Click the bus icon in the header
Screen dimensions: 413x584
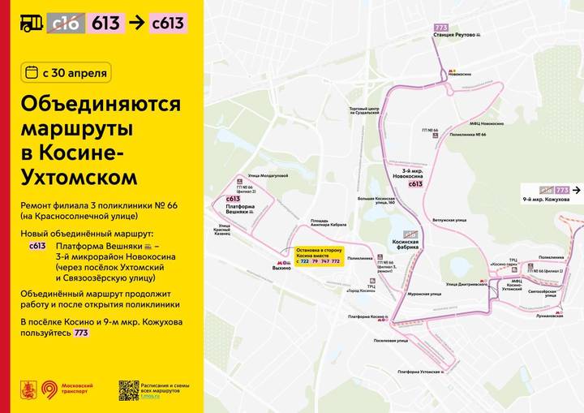32,23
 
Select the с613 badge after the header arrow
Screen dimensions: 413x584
169,23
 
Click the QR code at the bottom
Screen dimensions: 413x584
128,389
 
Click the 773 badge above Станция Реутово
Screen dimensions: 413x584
441,28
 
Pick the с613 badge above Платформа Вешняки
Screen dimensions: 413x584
233,199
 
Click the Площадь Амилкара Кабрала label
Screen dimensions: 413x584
328,223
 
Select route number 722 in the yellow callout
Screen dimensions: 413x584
303,261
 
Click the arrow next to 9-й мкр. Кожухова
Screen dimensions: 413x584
577,190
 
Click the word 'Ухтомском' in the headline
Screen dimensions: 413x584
79,175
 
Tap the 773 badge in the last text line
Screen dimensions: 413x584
81,333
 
